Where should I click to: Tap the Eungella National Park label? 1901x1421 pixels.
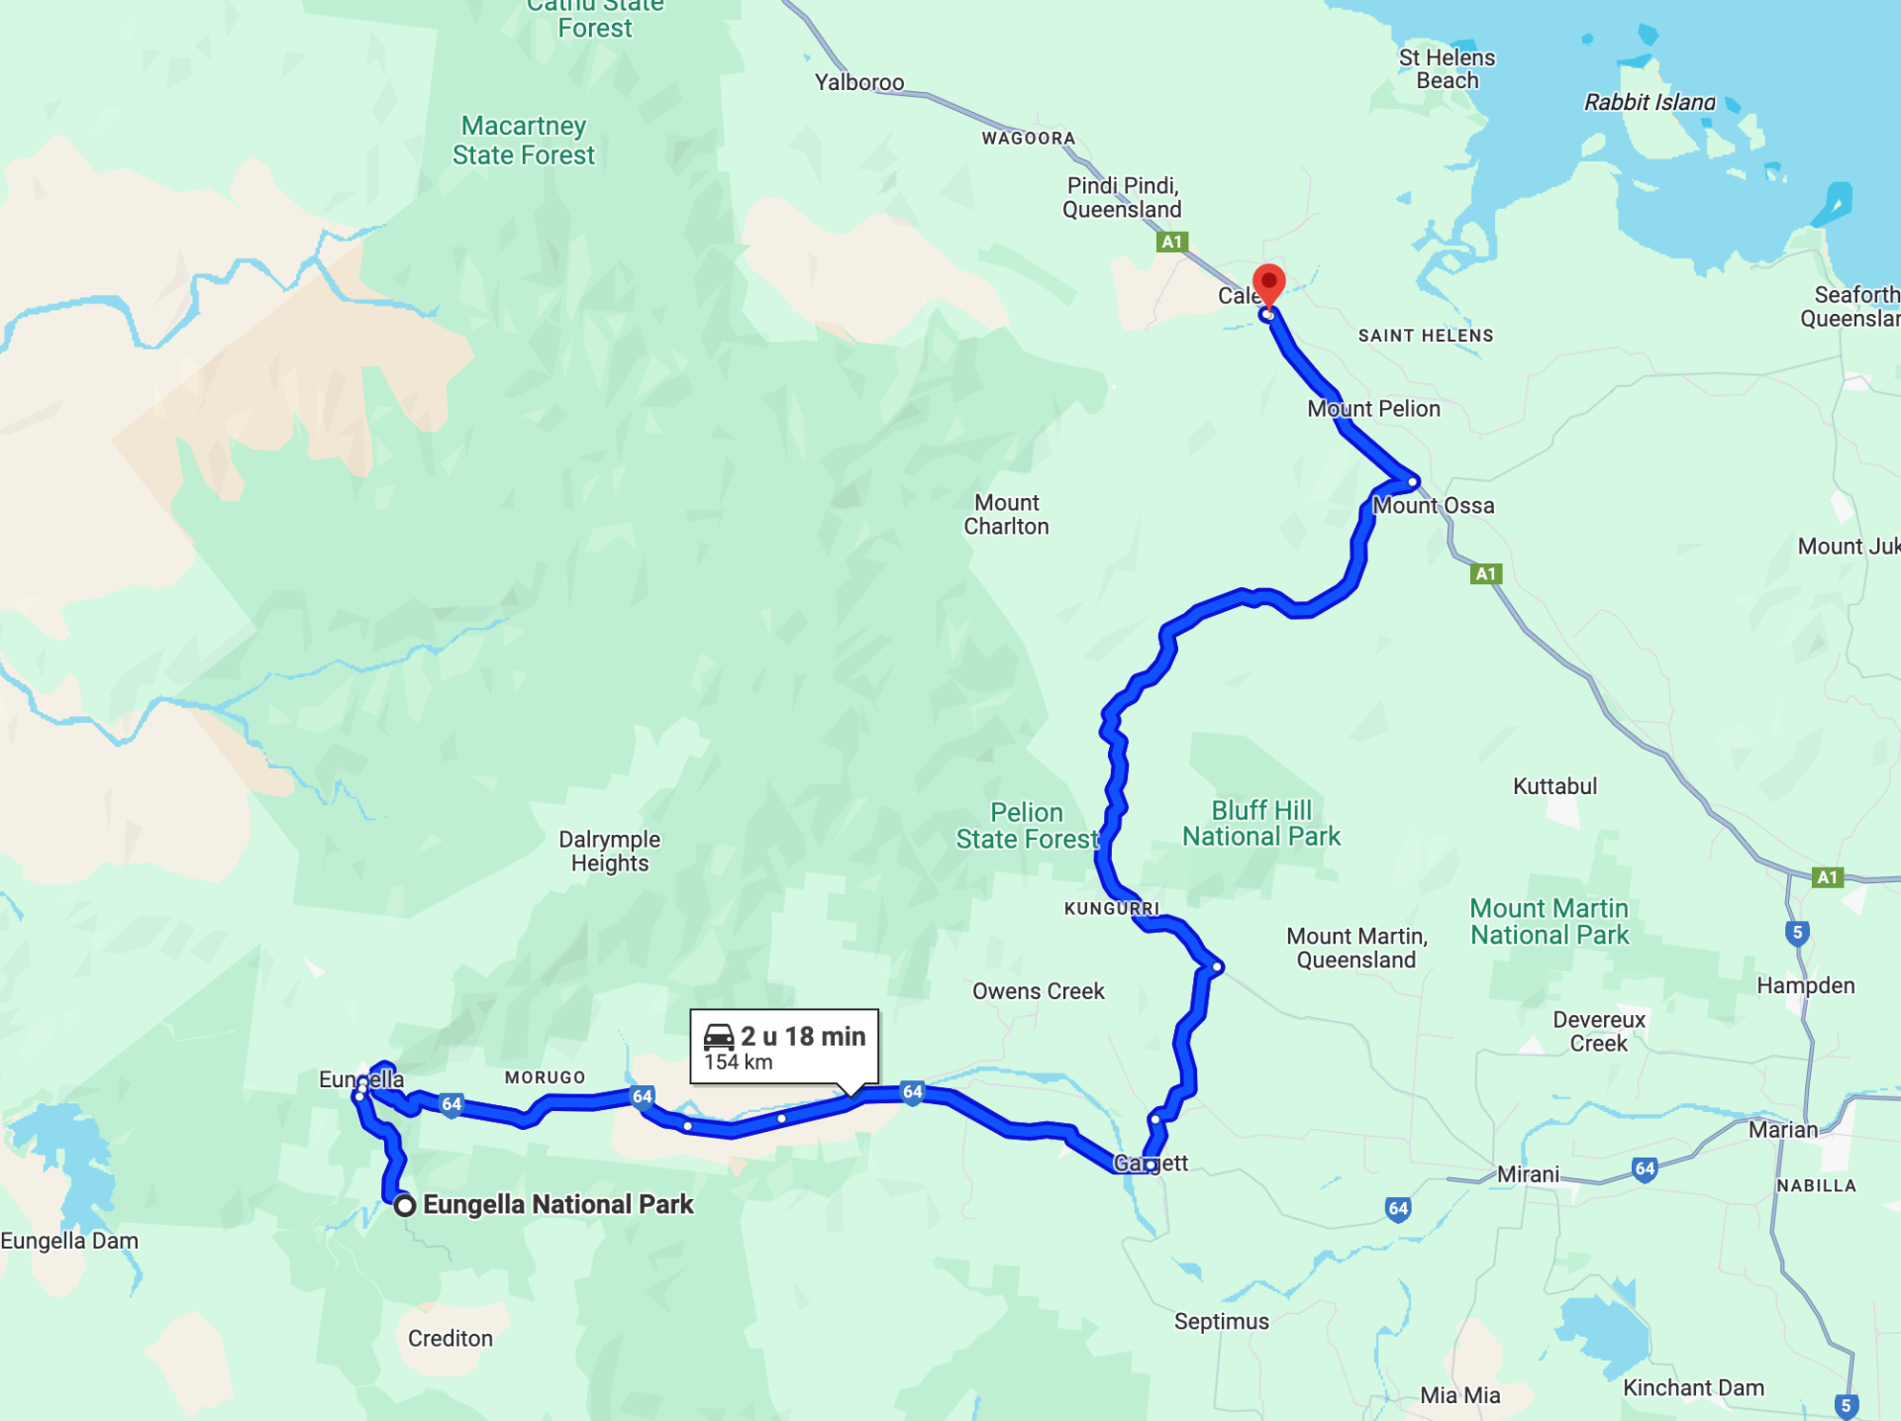[x=557, y=1204]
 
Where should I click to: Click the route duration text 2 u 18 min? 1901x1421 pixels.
[x=803, y=1036]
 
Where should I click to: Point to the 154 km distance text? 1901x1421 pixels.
[x=739, y=1063]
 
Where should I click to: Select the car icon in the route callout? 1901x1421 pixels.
[x=719, y=1037]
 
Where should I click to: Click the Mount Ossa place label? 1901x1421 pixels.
[x=1433, y=505]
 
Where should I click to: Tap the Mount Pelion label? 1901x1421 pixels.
[x=1373, y=409]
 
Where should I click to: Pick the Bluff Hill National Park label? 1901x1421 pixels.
[x=1261, y=824]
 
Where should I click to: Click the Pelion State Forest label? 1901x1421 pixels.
[x=1027, y=826]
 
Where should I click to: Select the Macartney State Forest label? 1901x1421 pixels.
[x=524, y=141]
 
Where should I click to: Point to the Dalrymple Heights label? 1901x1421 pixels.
[x=609, y=851]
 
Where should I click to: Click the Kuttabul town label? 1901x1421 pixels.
[x=1554, y=786]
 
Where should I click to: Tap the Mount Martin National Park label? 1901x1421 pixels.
[x=1550, y=922]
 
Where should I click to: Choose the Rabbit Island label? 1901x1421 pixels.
[x=1650, y=102]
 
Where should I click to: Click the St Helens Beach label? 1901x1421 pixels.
[x=1447, y=69]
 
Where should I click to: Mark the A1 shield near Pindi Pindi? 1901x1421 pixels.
[x=1171, y=242]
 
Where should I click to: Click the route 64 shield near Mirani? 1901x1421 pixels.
[x=1645, y=1169]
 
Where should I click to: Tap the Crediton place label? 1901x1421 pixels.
[x=450, y=1339]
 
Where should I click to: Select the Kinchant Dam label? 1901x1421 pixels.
[x=1693, y=1388]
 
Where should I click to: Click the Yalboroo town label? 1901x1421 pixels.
[x=859, y=82]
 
